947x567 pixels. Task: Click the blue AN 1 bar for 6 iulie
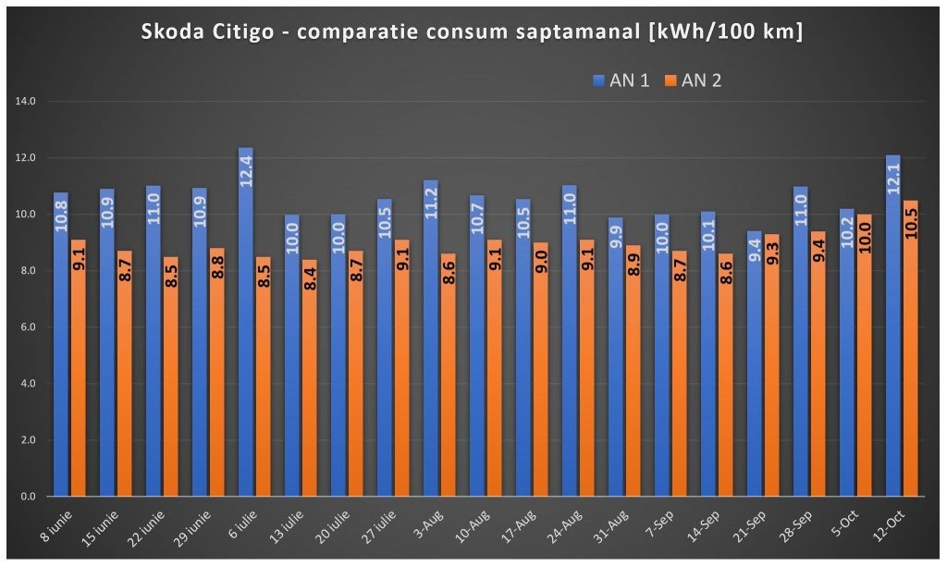pyautogui.click(x=246, y=322)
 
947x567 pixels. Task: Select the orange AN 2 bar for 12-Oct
pyautogui.click(x=910, y=349)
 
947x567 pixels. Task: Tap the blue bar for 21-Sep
pyautogui.click(x=755, y=364)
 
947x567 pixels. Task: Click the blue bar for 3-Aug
pyautogui.click(x=431, y=339)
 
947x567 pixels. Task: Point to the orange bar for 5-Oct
pyautogui.click(x=865, y=355)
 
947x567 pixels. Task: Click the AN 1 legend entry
pyautogui.click(x=621, y=80)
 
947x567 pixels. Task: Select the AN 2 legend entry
pyautogui.click(x=694, y=80)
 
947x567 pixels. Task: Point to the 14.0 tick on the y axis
pyautogui.click(x=25, y=102)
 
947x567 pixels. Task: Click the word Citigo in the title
pyautogui.click(x=243, y=32)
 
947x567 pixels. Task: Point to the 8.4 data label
pyautogui.click(x=311, y=279)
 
